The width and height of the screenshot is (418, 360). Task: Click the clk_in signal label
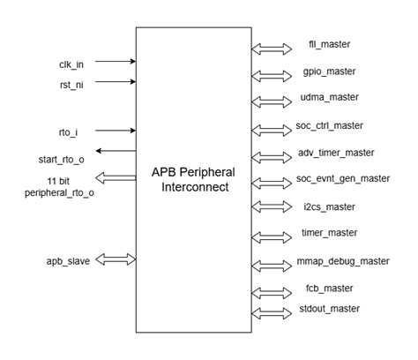tap(70, 64)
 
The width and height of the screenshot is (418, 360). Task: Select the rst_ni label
tap(70, 84)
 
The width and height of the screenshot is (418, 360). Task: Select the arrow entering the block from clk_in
tap(115, 62)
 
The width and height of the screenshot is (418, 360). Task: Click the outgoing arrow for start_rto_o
tap(115, 151)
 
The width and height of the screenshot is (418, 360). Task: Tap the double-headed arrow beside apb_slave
tap(115, 259)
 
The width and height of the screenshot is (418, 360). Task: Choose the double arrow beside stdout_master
tap(267, 313)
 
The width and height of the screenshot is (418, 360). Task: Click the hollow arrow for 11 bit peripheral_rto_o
tap(115, 179)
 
